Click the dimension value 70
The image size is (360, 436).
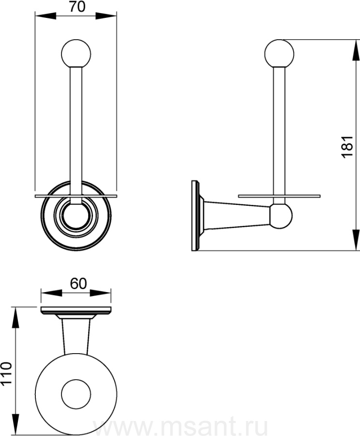(77, 7)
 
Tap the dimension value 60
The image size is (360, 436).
(78, 283)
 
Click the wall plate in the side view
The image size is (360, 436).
(195, 216)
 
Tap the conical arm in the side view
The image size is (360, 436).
(236, 216)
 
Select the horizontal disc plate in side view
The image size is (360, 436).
(279, 196)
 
